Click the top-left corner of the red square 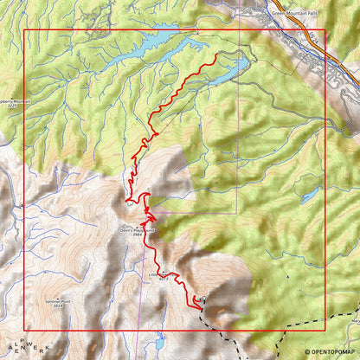(x=24, y=30)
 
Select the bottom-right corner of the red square (x=325, y=330)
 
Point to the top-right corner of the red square (x=325, y=30)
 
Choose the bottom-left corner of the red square (x=24, y=330)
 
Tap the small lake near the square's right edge (x=309, y=196)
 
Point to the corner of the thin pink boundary (x=236, y=213)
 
